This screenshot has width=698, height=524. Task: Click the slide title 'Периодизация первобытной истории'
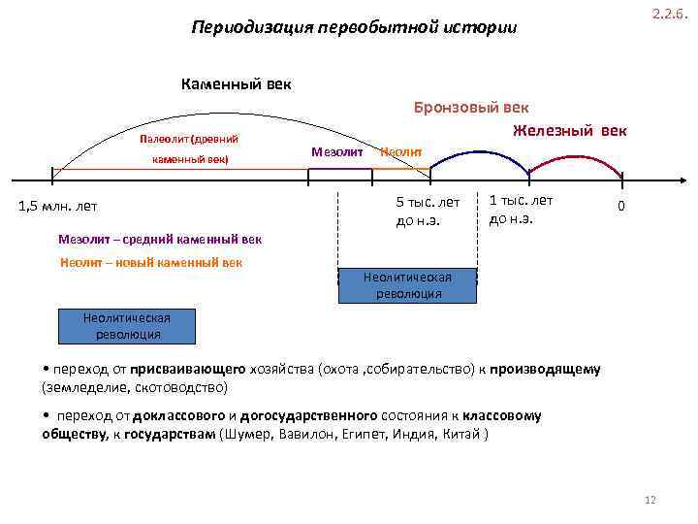(x=354, y=27)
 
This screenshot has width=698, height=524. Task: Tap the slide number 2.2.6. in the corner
(x=668, y=15)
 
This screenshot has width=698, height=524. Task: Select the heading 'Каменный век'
(x=236, y=84)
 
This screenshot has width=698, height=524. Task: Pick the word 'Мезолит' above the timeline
(x=337, y=151)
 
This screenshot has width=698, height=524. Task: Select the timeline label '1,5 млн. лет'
(x=58, y=206)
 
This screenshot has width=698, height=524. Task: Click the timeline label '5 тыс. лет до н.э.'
(x=428, y=211)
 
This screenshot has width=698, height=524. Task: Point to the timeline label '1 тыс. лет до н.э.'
(x=521, y=209)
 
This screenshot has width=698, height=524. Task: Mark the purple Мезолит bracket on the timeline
(x=339, y=171)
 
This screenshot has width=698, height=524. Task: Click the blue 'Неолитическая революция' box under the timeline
(x=407, y=285)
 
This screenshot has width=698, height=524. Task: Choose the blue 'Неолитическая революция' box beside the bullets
(x=128, y=326)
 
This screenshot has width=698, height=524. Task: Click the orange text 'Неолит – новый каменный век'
(x=150, y=262)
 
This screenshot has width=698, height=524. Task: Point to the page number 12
(x=650, y=500)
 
